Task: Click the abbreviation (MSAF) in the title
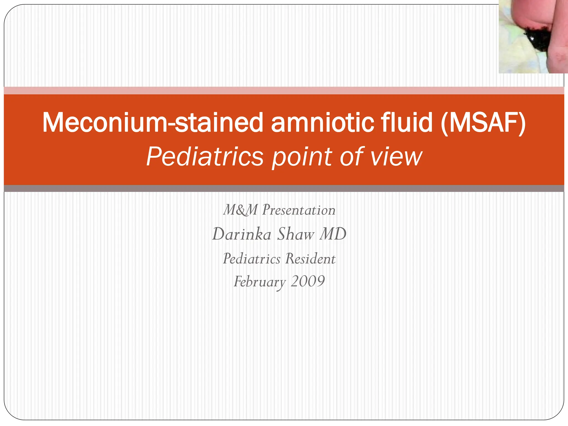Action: coord(483,123)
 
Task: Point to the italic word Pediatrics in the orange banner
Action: coord(205,156)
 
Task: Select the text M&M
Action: coord(240,210)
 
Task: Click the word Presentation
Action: coord(299,210)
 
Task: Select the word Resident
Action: coord(310,259)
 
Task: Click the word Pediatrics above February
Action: coord(252,259)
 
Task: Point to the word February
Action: coord(260,282)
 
